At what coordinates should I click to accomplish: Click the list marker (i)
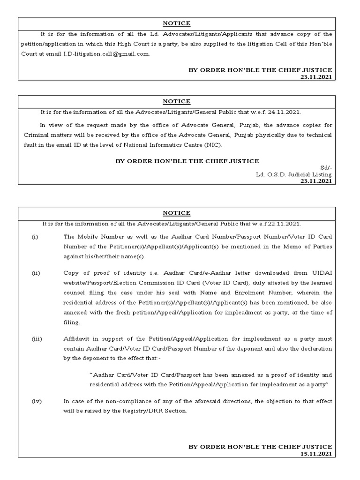[35, 237]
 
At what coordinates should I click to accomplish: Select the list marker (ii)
[36, 273]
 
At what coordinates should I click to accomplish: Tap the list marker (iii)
[36, 338]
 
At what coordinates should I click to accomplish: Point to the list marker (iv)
[36, 402]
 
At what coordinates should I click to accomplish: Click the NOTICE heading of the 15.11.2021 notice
[177, 213]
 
